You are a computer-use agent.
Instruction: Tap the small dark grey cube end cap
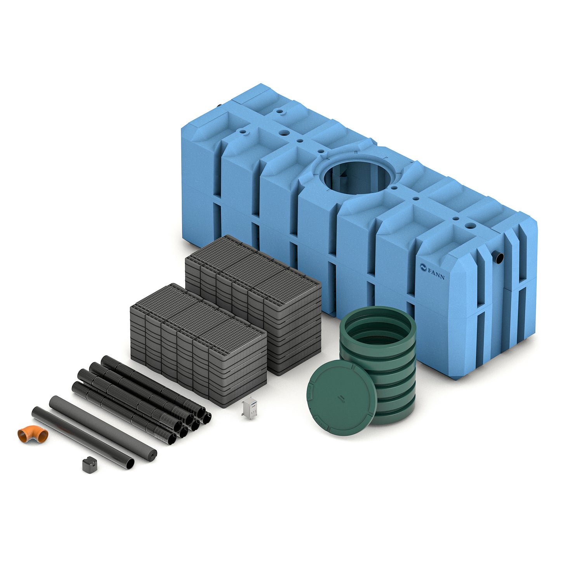pos(89,465)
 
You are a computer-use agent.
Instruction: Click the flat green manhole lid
pos(342,398)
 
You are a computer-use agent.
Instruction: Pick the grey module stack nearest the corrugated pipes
pos(198,345)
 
